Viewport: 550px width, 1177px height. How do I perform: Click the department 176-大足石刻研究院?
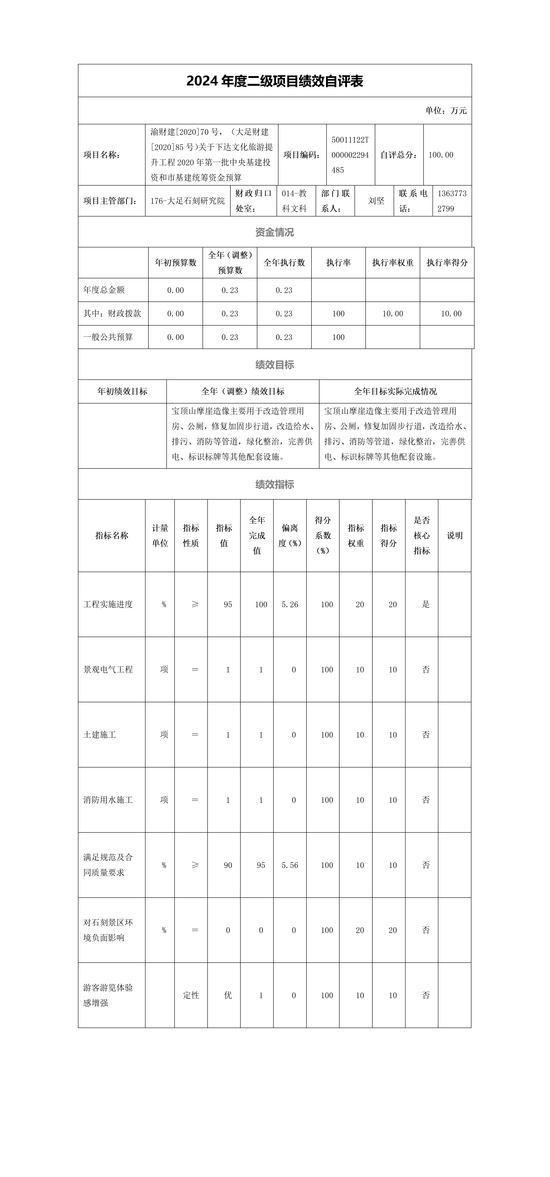pyautogui.click(x=188, y=201)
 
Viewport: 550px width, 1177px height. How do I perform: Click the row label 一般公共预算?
pyautogui.click(x=108, y=337)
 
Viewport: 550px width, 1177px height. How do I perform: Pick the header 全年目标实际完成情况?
pyautogui.click(x=395, y=392)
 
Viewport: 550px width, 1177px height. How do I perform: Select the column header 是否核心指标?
pyautogui.click(x=421, y=536)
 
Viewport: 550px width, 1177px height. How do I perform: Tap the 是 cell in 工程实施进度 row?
pyautogui.click(x=426, y=604)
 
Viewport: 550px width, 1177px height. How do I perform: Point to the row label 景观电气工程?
pyautogui.click(x=108, y=669)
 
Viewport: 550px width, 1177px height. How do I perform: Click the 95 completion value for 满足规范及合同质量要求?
pyautogui.click(x=261, y=865)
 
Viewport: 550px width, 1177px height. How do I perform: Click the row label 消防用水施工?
pyautogui.click(x=108, y=800)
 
